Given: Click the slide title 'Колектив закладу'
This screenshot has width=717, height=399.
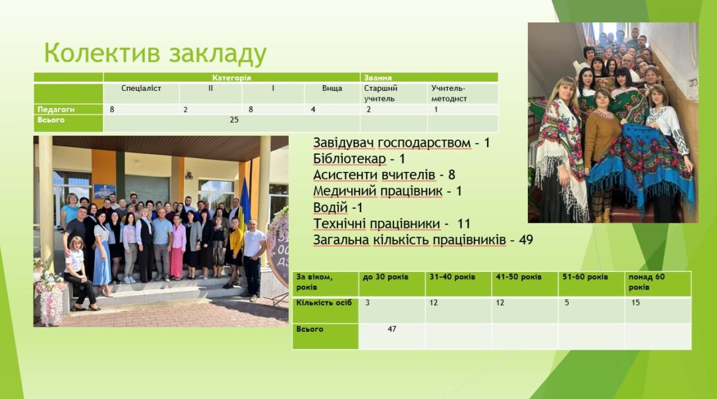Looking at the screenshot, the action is click(155, 53).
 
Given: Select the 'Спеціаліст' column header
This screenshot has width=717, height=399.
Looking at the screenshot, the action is click(141, 88).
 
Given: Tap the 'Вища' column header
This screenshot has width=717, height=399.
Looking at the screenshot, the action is click(332, 88).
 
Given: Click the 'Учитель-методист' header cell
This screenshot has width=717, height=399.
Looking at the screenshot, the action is click(449, 93).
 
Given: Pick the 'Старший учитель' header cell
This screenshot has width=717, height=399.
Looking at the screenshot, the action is click(380, 93).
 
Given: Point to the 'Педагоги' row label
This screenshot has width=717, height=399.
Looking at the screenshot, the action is click(56, 109).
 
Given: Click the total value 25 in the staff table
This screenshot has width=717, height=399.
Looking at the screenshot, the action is click(234, 120).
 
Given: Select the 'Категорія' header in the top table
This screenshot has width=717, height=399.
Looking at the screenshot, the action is click(231, 78).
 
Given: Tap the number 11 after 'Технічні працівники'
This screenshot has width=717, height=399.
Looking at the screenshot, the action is click(464, 223).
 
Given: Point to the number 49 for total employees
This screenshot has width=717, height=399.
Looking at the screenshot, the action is click(526, 240).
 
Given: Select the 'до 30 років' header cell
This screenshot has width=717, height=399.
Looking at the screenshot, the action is click(386, 277).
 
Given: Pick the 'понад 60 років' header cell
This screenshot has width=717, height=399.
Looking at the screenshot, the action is click(646, 282).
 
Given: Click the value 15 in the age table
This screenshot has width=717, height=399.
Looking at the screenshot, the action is click(635, 303).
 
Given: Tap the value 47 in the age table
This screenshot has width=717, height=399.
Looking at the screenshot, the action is click(392, 329).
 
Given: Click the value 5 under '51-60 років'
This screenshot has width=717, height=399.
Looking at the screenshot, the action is click(567, 303).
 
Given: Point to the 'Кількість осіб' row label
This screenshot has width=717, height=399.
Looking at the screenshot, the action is click(324, 303).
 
